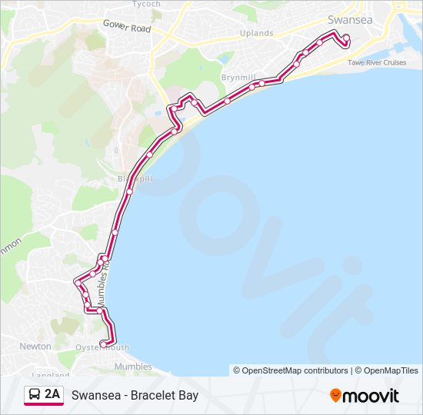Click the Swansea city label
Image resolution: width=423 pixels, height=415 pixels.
point(351,20)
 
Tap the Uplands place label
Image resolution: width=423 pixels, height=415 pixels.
point(256,33)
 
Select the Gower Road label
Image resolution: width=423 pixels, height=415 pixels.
point(127,26)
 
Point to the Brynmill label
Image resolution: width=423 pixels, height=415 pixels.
point(238,78)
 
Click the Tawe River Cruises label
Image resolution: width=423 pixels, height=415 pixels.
point(377,62)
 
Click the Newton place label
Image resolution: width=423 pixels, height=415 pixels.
point(35,347)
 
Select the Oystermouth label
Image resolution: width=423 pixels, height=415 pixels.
point(102,347)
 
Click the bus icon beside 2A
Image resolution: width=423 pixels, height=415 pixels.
point(35,395)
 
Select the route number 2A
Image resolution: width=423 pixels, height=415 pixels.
point(52,395)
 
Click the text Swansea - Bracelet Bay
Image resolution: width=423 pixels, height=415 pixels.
point(135,396)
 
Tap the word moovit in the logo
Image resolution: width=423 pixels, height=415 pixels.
point(371,396)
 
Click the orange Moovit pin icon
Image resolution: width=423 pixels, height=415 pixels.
point(336,396)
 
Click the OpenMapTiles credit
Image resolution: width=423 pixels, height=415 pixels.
point(388,370)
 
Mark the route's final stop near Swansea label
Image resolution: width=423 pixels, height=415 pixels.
point(346,38)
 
